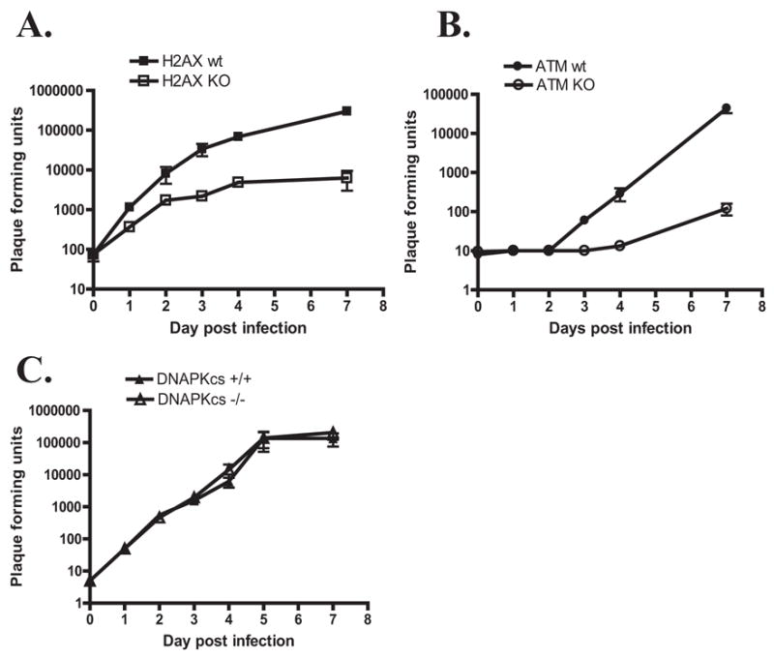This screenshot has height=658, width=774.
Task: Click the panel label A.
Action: [36, 27]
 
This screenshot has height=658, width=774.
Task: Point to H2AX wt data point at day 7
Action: [346, 111]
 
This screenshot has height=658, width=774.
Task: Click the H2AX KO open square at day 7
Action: [346, 178]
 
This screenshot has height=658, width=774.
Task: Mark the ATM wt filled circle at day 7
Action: [726, 108]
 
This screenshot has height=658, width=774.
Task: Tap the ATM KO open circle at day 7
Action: [726, 208]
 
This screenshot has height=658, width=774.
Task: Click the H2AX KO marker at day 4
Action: [237, 182]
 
